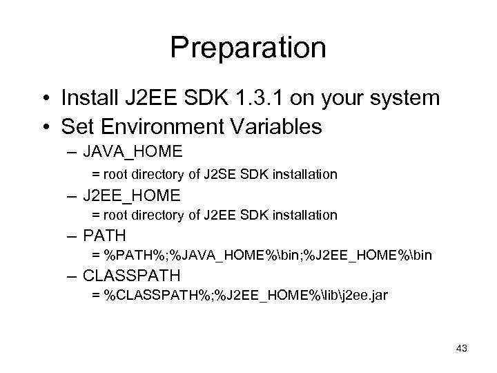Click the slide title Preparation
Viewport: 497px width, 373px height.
point(248,48)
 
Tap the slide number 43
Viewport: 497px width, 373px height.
point(461,348)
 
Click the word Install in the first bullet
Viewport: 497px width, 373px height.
point(86,99)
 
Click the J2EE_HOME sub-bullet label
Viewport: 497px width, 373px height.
point(131,195)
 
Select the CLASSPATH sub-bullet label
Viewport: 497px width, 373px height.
point(131,276)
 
